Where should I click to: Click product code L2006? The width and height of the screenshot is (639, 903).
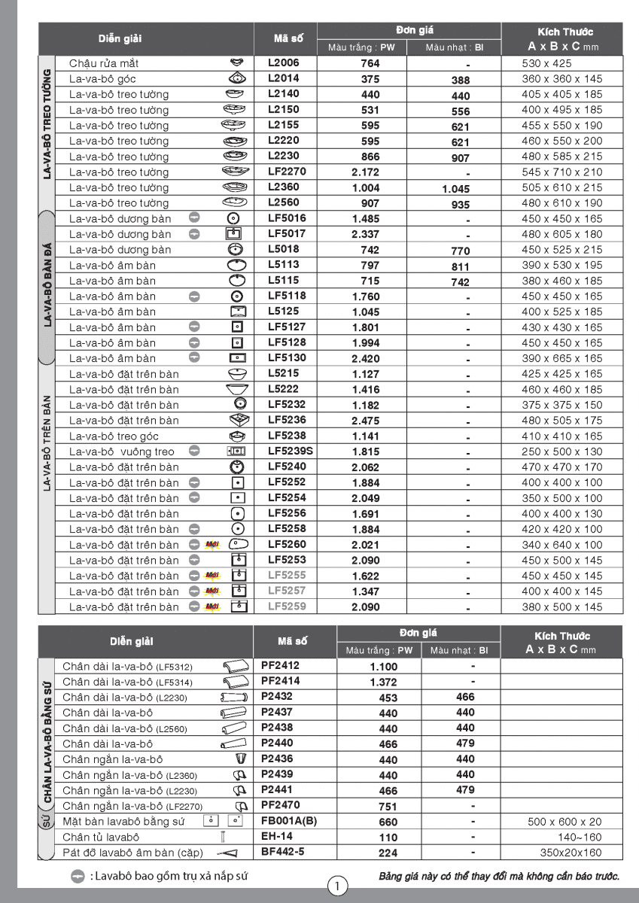click(x=283, y=63)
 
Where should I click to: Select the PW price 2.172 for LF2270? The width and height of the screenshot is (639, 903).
click(x=366, y=172)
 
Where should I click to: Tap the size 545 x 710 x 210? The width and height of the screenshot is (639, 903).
click(x=562, y=172)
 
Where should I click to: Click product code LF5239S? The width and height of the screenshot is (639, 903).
click(x=291, y=451)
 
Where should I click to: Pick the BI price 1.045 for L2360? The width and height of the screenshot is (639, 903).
click(x=456, y=189)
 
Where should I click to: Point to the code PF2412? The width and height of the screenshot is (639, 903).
click(x=280, y=665)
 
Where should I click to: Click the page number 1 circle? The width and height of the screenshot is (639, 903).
click(x=338, y=885)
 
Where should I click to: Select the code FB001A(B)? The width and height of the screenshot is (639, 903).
click(x=289, y=821)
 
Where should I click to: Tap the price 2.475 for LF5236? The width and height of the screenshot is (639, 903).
click(x=366, y=421)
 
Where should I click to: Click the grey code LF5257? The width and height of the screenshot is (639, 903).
click(x=287, y=591)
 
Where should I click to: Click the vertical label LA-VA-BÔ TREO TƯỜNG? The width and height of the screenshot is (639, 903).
click(x=47, y=124)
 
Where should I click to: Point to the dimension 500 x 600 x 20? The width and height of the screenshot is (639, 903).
click(x=564, y=822)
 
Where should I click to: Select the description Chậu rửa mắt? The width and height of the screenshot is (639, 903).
click(x=104, y=63)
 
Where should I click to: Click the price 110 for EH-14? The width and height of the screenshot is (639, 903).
click(x=388, y=838)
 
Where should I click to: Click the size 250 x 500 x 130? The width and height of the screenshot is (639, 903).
click(x=562, y=452)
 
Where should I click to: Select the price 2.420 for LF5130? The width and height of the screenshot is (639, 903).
click(x=366, y=359)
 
